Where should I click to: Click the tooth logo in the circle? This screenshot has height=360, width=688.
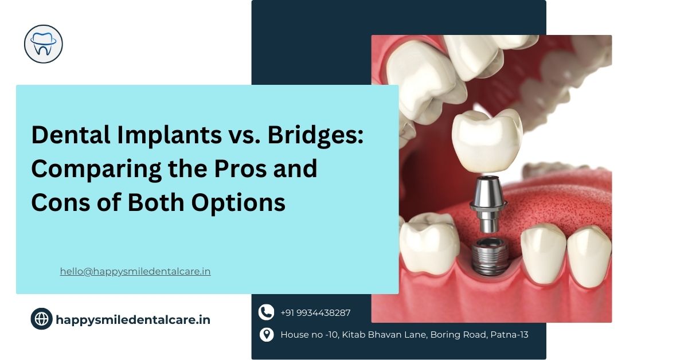click(44, 44)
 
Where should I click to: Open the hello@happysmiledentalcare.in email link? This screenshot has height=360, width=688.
click(135, 272)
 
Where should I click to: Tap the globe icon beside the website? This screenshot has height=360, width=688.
click(41, 319)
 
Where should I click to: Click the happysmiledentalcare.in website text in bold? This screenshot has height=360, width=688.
click(133, 319)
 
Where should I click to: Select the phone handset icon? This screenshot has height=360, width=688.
click(266, 312)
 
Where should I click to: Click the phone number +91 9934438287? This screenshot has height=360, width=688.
click(315, 313)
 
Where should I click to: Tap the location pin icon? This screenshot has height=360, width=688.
click(266, 334)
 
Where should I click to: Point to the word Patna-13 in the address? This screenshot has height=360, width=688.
click(509, 334)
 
